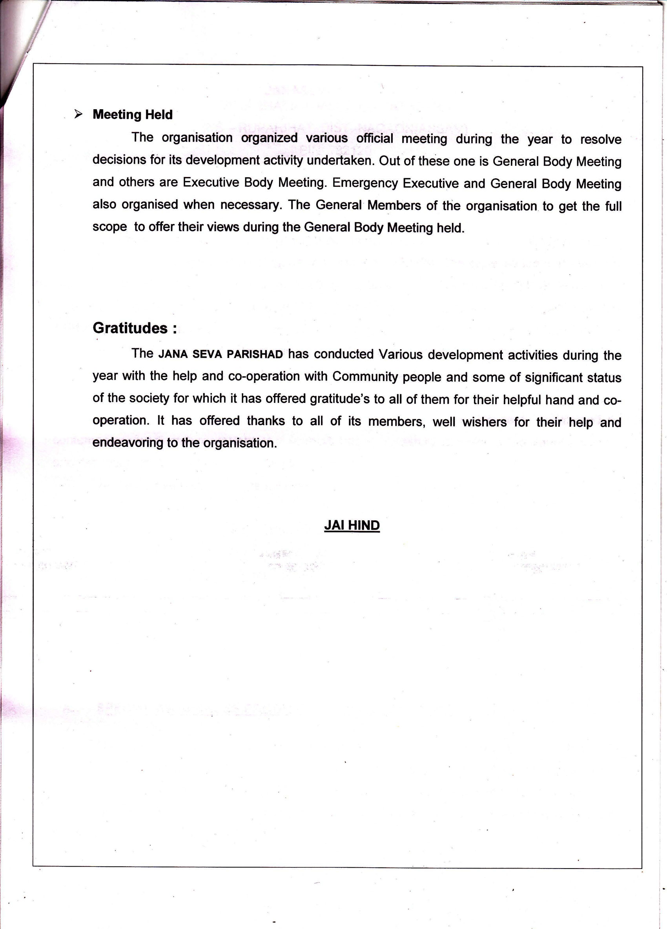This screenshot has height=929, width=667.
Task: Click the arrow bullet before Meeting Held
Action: coord(78,114)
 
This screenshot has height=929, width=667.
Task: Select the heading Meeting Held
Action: coord(133,115)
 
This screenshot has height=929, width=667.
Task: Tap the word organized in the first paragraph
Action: coord(269,138)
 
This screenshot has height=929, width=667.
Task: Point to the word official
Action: coord(374,139)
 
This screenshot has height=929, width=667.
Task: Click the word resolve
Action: coord(600,140)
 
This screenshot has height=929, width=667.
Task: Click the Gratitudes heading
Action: coord(135,328)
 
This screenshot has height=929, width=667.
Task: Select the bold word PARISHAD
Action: coord(255,354)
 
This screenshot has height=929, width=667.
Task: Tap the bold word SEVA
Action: coord(207,354)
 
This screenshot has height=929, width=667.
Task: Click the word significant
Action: coord(554,377)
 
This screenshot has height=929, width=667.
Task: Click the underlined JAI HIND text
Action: coord(352,525)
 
